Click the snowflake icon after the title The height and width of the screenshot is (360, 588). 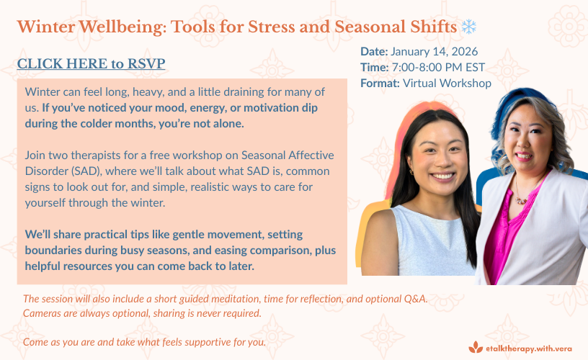(469, 27)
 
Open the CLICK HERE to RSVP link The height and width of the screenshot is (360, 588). (91, 63)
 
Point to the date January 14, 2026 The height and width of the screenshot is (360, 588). (435, 51)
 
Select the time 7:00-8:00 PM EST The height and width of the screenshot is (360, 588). (438, 68)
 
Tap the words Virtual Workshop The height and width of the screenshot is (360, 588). (447, 84)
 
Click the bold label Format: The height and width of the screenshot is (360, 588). (380, 84)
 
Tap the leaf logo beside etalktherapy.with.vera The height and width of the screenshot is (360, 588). (476, 347)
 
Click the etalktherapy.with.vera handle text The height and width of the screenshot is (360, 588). (529, 348)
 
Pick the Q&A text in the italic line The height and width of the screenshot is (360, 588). (416, 299)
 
